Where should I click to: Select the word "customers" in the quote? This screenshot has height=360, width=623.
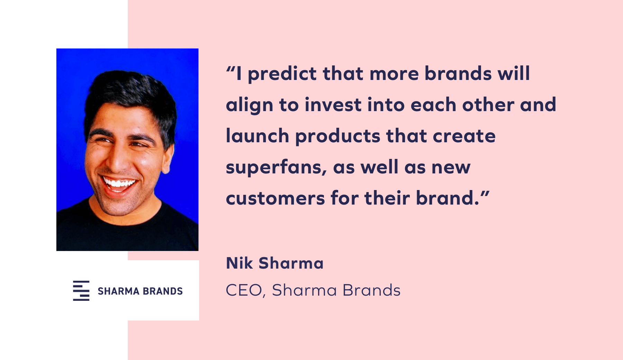(x=276, y=199)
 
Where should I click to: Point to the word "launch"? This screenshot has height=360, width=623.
(x=258, y=136)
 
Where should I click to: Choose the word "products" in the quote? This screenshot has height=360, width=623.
(x=337, y=136)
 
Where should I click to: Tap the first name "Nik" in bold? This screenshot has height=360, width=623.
(x=239, y=263)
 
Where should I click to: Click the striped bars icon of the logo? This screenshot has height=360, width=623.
(x=81, y=291)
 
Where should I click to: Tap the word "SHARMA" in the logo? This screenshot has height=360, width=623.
(x=118, y=291)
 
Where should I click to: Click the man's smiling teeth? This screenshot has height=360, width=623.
(x=119, y=183)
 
